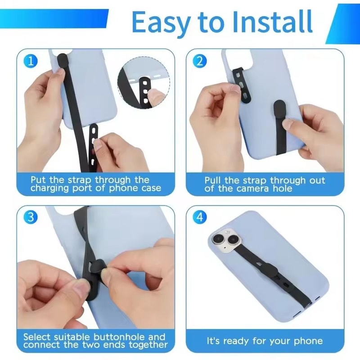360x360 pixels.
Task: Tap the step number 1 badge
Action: tap(30, 61)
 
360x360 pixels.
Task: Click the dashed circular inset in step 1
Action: tap(143, 83)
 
